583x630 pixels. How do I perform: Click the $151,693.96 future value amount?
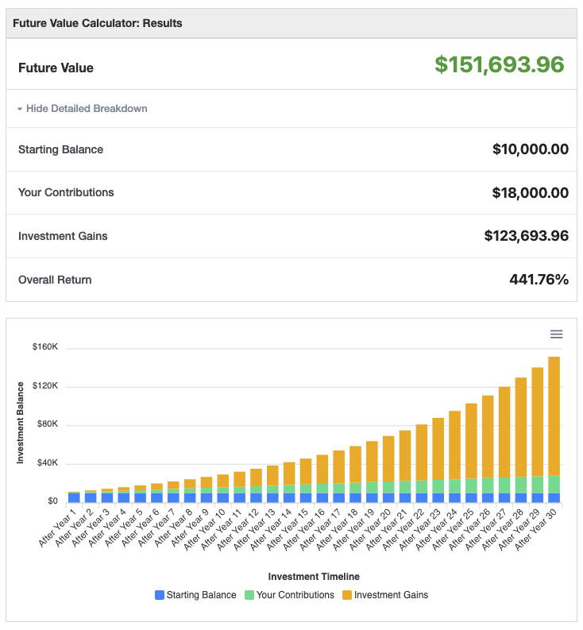click(x=499, y=65)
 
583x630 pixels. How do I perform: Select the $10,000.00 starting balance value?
click(x=530, y=149)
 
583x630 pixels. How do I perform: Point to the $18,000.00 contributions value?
click(x=530, y=192)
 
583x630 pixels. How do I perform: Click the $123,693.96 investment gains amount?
click(x=526, y=236)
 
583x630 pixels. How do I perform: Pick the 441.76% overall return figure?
click(x=539, y=280)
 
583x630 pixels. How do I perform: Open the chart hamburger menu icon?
click(x=556, y=334)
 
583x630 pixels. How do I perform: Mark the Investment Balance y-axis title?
click(x=21, y=423)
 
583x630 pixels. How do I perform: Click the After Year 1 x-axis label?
click(x=60, y=527)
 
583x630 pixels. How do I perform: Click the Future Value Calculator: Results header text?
click(x=98, y=23)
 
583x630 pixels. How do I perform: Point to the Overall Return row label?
click(x=55, y=280)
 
